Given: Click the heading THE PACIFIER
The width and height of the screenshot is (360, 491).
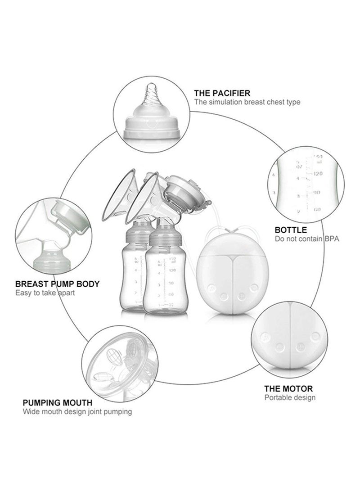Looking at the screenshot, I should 222,93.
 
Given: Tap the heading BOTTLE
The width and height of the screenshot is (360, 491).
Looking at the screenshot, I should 291,230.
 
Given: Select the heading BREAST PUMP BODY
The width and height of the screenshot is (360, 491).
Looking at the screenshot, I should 58,284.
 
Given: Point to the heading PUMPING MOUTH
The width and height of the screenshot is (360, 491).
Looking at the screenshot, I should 58,402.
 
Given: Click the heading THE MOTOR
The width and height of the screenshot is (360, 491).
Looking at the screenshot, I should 288,388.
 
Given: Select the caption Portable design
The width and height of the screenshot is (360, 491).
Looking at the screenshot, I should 290,397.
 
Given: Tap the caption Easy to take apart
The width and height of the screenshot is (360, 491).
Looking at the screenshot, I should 45,293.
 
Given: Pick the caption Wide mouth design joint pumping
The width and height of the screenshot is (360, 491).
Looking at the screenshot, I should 77,411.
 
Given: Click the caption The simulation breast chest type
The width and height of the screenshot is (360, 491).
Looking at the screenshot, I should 247,102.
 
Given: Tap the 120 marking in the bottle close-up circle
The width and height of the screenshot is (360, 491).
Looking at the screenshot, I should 318,173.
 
